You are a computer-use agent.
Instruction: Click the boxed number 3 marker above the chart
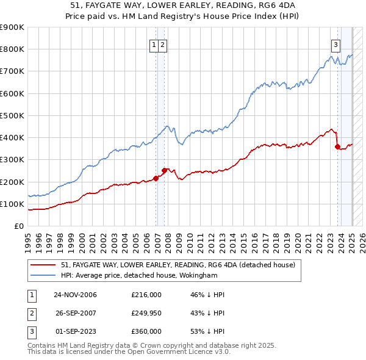(x=335, y=43)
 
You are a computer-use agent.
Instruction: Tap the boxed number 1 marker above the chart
(x=154, y=43)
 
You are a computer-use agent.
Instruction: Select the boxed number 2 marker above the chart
(x=164, y=43)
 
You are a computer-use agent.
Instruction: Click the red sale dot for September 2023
(x=337, y=146)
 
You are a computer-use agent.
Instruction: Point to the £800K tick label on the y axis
(x=12, y=49)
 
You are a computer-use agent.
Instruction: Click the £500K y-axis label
(x=12, y=115)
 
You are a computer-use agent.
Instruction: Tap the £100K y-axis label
(x=12, y=204)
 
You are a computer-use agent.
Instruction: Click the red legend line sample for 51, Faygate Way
(x=43, y=265)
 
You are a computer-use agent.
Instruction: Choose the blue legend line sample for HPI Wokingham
(x=43, y=275)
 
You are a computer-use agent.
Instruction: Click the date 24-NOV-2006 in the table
(x=75, y=295)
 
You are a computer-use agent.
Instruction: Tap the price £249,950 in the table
(x=146, y=313)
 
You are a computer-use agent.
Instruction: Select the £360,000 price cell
(x=146, y=331)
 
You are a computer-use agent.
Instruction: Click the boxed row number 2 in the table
(x=31, y=313)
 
